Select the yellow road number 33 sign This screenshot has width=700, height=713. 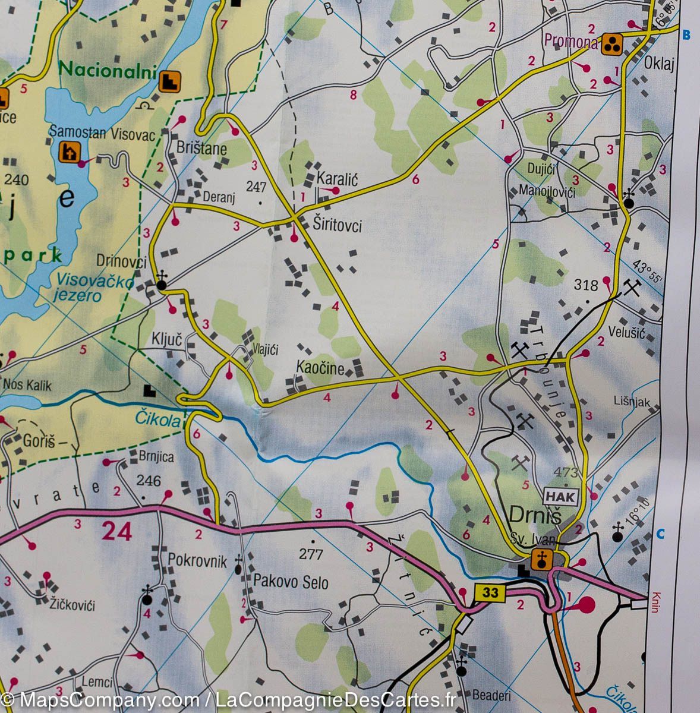pos(490,592)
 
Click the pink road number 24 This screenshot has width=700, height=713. pos(116,531)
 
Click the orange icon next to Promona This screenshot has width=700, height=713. pos(611,44)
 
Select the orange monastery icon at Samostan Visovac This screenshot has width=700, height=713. pos(69,153)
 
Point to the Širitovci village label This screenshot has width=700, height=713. pos(336,225)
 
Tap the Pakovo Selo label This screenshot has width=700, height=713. pos(291,582)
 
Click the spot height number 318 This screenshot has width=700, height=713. pos(585,285)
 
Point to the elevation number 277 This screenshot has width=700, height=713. pos(311,554)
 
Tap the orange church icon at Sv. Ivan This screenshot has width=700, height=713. pos(541,558)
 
